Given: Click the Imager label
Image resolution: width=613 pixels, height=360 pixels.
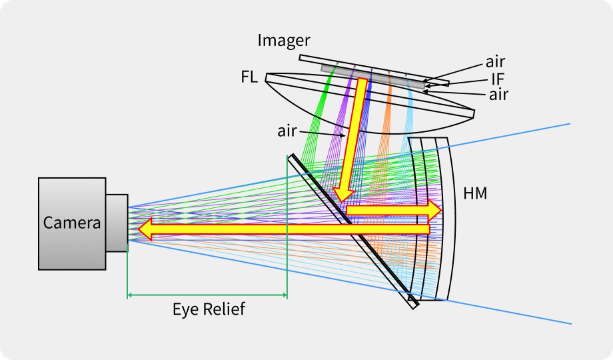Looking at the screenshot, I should pos(285,41).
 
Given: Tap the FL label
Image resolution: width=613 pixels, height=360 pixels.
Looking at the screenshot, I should pos(250,77).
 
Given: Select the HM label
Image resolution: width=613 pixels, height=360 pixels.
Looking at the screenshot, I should pos(475,194).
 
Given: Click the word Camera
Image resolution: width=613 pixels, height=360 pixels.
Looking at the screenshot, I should pos(72,223).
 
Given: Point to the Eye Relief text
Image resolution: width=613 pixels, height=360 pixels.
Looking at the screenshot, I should pos(209,309).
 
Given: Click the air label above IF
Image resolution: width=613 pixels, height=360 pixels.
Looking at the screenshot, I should pos(495,63).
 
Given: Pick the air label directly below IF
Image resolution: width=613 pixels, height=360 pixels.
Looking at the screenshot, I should pos(498,95).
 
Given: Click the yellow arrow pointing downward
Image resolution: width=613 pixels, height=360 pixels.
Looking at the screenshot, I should pos(351,140).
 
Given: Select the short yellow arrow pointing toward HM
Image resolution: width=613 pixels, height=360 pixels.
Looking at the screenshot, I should pos(393,209).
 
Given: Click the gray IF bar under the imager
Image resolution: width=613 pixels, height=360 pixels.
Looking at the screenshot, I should pos(373,75).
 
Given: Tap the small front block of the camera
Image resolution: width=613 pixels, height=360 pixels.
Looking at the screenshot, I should pos(117,223).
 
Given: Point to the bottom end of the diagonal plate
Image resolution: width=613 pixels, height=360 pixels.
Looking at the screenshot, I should pos(413,303).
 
